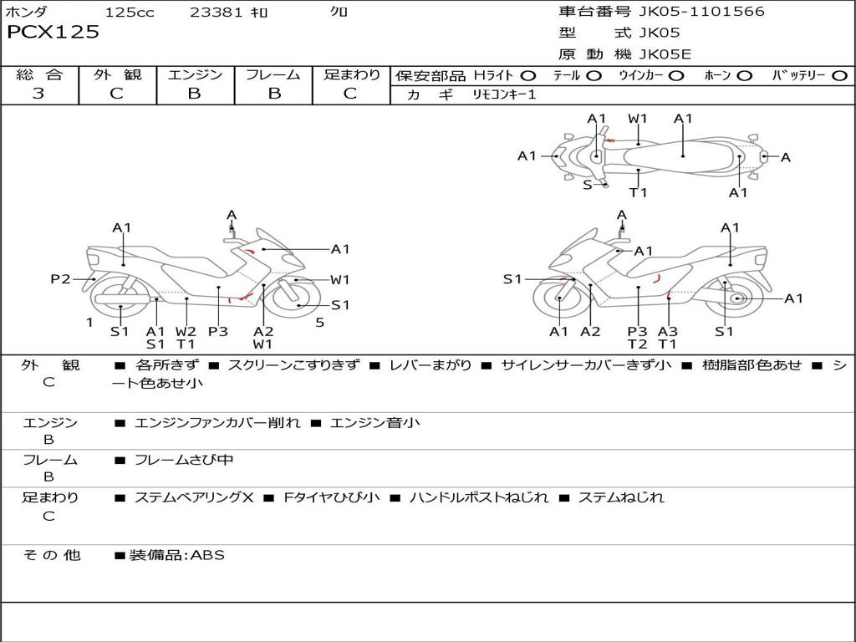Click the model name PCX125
click(x=53, y=33)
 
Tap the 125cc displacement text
click(x=130, y=13)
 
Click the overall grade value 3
click(x=38, y=94)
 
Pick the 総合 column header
click(x=39, y=75)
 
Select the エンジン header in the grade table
click(x=195, y=75)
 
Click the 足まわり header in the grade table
click(x=352, y=75)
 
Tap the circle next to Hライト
click(x=528, y=76)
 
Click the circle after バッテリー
click(x=839, y=76)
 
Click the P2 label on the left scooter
click(x=60, y=279)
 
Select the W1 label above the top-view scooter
click(x=638, y=119)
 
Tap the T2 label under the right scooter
click(x=638, y=344)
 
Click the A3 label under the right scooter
click(x=667, y=331)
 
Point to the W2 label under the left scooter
click(x=186, y=331)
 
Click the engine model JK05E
click(x=665, y=54)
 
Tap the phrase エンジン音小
click(x=374, y=423)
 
